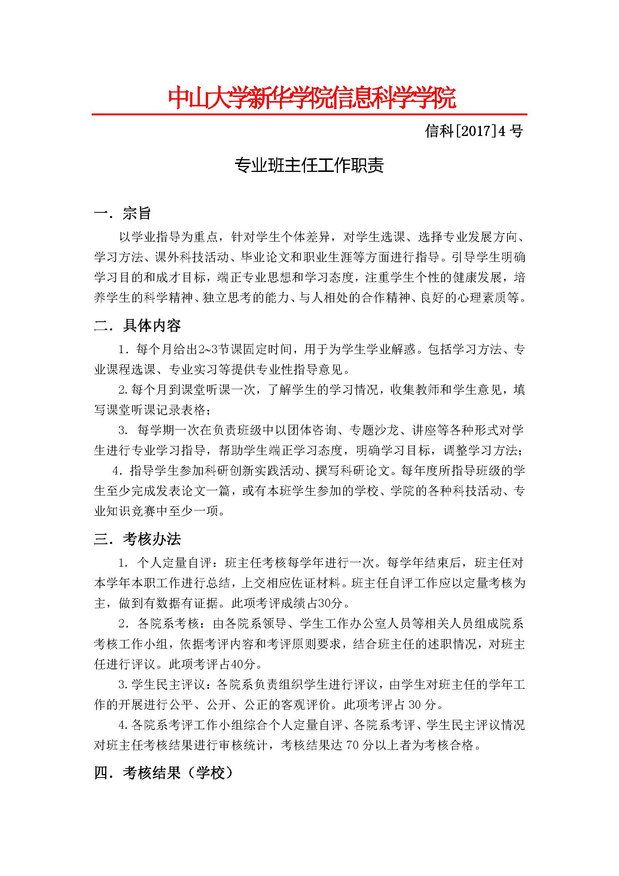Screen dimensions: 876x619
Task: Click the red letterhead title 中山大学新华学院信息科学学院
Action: point(312,98)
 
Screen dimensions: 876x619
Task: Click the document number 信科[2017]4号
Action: point(474,131)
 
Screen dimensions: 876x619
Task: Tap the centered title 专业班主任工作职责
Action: point(309,166)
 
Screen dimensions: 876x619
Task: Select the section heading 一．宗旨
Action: point(123,213)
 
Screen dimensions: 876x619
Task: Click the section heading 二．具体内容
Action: point(137,325)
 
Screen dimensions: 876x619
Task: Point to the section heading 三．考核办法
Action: point(137,539)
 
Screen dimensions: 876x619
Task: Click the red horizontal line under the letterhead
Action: point(309,114)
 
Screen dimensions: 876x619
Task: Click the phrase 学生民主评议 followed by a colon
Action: point(168,685)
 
